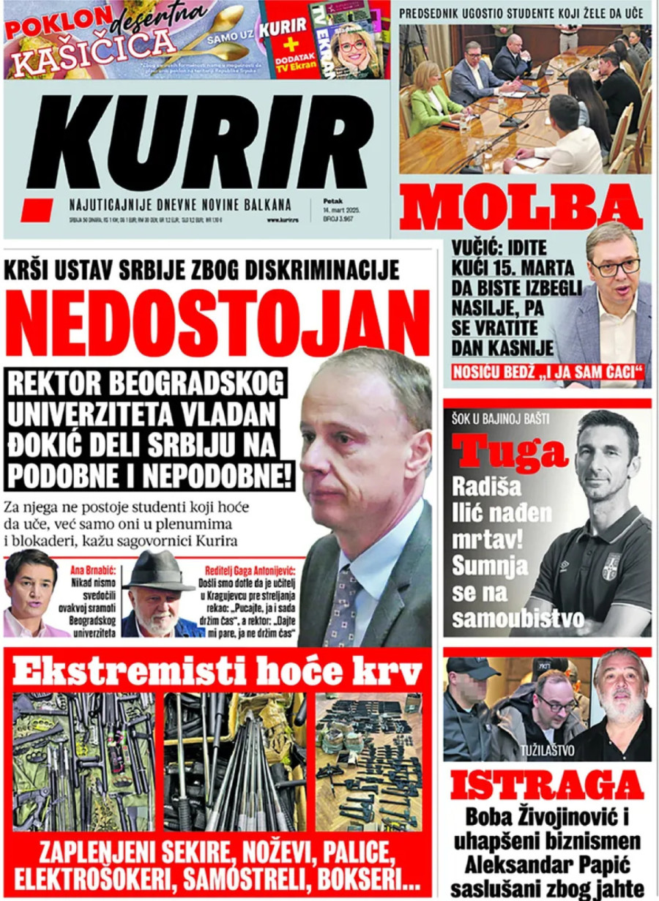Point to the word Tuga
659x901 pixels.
(510, 452)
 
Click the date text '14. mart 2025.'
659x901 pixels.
(343, 210)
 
